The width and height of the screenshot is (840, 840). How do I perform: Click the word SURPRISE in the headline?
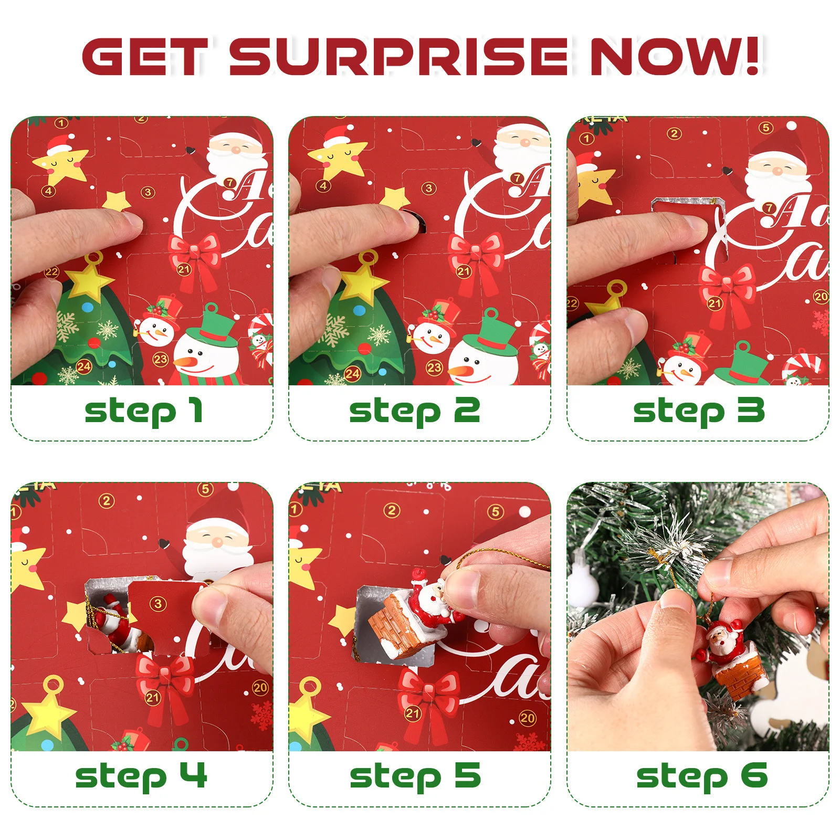tap(399, 56)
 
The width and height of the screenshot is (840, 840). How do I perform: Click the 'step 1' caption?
tap(143, 411)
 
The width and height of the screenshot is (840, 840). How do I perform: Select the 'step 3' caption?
tap(698, 411)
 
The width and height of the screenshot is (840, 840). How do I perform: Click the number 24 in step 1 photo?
tap(84, 366)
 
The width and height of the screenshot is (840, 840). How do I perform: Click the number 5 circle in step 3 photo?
tap(765, 128)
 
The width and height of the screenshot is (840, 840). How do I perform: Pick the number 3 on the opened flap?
tap(158, 603)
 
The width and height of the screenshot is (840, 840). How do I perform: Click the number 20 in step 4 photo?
tap(260, 687)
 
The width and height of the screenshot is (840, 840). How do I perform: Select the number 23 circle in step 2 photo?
tap(434, 367)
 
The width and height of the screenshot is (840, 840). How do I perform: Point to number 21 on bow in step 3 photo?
tap(715, 303)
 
